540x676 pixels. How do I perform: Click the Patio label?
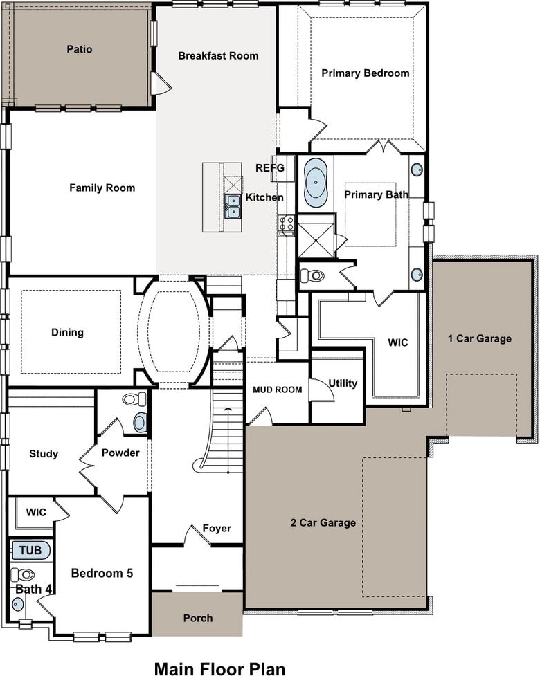click(x=80, y=49)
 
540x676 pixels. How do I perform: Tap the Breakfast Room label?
click(x=218, y=55)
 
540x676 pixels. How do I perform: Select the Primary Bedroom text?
click(x=366, y=73)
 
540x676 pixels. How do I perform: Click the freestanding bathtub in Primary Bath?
click(x=316, y=183)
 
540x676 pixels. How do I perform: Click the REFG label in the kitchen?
click(x=270, y=167)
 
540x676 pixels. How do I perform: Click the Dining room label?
click(x=67, y=332)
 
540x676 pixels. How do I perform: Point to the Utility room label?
click(x=343, y=383)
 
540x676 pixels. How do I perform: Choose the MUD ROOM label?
click(x=278, y=390)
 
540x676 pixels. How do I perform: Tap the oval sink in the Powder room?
click(x=139, y=423)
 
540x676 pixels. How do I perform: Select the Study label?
click(x=44, y=454)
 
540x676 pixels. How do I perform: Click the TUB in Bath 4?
click(x=30, y=550)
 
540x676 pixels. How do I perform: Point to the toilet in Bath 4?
click(x=23, y=574)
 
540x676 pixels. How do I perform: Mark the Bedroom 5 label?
click(x=102, y=574)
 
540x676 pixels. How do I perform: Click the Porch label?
click(x=198, y=619)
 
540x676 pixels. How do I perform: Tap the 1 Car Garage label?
click(x=480, y=338)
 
